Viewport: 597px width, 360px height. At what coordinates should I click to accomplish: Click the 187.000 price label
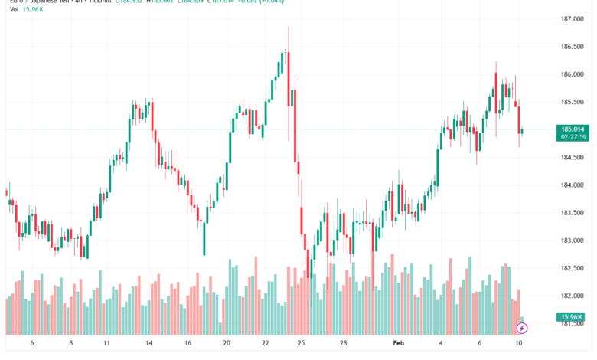(x=573, y=19)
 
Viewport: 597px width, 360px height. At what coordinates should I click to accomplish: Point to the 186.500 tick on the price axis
(x=573, y=47)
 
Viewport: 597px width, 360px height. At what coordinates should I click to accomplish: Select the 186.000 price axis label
(x=573, y=74)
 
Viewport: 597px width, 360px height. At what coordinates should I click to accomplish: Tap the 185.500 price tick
(x=573, y=102)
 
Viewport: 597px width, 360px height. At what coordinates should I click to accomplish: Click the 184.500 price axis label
(x=573, y=158)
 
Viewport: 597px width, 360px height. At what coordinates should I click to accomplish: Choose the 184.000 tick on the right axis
(x=573, y=185)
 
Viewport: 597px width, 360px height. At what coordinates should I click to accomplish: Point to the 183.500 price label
(x=573, y=213)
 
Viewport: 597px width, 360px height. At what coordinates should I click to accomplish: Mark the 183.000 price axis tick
(x=573, y=241)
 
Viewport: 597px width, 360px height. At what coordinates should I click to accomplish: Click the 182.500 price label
(x=573, y=268)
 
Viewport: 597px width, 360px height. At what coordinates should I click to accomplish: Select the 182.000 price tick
(x=573, y=296)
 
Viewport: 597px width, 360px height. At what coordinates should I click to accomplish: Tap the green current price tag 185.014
(x=573, y=129)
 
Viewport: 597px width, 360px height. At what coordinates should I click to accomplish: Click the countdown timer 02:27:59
(x=573, y=138)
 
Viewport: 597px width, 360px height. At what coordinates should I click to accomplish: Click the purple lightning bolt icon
(x=523, y=329)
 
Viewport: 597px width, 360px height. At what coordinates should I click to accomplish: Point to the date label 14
(x=148, y=345)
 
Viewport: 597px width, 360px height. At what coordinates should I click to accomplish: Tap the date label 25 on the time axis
(x=302, y=345)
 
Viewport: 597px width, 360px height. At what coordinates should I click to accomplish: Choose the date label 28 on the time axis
(x=344, y=345)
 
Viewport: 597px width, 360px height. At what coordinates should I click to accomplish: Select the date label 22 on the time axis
(x=265, y=345)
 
